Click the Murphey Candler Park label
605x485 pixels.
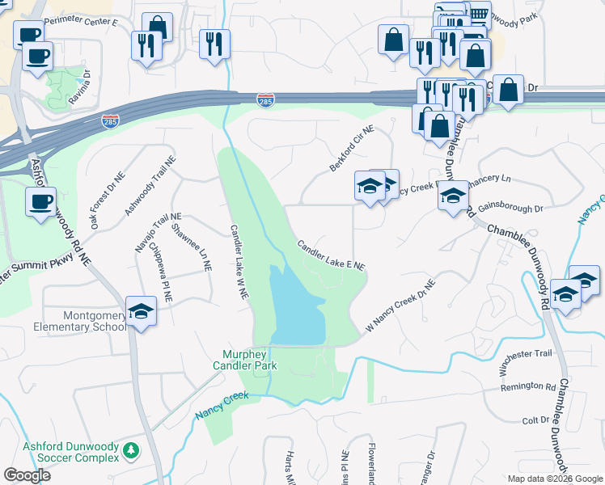(x=250, y=360)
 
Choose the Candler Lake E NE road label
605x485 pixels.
(x=332, y=255)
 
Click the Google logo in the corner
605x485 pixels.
(x=27, y=474)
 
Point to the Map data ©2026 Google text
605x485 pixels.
(x=554, y=479)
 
